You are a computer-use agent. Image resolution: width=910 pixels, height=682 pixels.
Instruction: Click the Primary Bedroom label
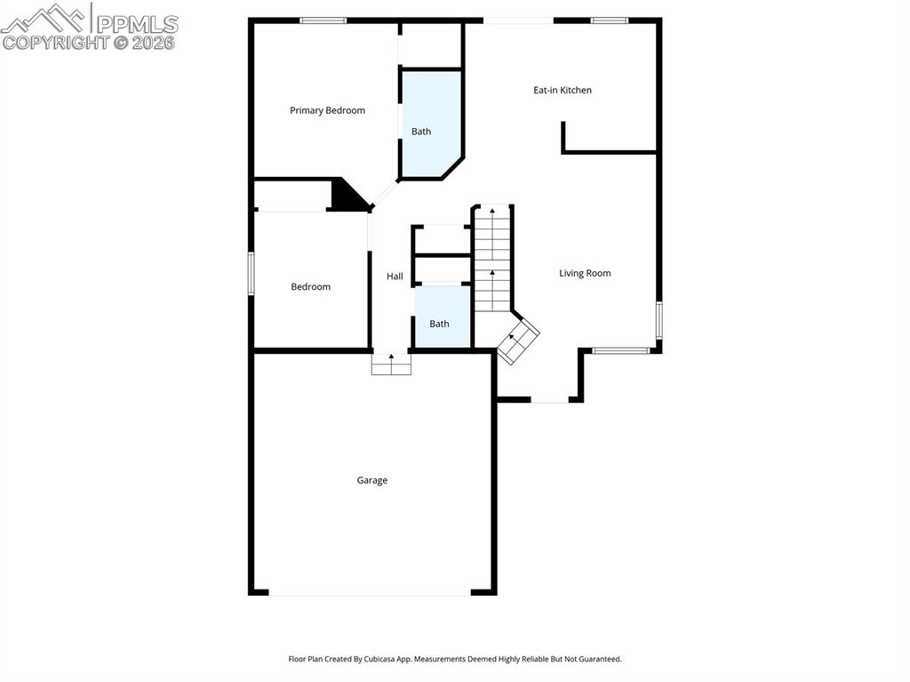click(327, 110)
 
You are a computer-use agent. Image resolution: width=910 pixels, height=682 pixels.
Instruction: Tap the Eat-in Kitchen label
click(562, 90)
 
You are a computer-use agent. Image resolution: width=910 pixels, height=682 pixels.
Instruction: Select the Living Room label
click(585, 273)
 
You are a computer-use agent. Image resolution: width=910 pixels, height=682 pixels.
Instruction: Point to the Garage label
click(372, 480)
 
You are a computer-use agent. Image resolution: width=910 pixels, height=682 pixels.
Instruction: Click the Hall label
click(395, 277)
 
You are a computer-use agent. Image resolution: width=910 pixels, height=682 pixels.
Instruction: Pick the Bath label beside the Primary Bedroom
click(421, 132)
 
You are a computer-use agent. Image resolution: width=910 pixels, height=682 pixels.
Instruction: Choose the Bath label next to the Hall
click(439, 324)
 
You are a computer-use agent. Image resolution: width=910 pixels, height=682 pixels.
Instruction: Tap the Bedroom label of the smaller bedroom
click(311, 286)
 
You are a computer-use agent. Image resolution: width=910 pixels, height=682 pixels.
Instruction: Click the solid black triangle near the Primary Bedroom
click(347, 196)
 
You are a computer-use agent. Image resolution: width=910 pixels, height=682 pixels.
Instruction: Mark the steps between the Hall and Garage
click(391, 364)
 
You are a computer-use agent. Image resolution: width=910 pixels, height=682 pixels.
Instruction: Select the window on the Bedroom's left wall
click(251, 273)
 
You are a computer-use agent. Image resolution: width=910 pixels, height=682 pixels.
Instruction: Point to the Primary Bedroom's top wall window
click(323, 20)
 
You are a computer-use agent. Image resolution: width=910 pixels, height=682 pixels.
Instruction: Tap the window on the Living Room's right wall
click(659, 320)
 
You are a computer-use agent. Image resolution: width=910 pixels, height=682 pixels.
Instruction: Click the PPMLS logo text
click(136, 23)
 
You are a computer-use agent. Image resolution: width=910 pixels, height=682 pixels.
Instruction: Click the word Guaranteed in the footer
click(599, 660)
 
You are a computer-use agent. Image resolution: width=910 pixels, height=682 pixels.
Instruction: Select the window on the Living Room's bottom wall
click(620, 350)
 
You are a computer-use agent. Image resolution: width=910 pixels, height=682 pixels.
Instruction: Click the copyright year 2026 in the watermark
click(154, 42)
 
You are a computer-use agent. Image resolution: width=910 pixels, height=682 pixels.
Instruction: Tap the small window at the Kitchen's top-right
click(610, 20)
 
